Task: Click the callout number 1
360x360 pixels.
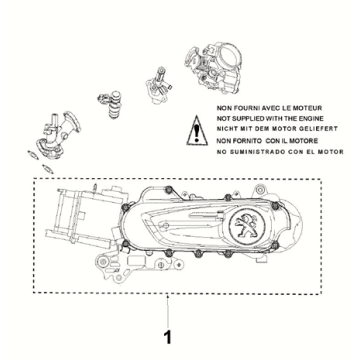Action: pyautogui.click(x=168, y=337)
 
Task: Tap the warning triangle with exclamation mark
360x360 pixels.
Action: pyautogui.click(x=197, y=131)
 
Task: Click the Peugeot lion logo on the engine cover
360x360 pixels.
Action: pyautogui.click(x=247, y=225)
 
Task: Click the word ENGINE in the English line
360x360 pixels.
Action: pyautogui.click(x=310, y=119)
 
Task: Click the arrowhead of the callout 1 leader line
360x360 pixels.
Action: pyautogui.click(x=168, y=296)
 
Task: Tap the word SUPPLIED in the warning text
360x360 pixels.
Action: pyautogui.click(x=248, y=119)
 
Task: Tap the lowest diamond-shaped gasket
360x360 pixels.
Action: pyautogui.click(x=48, y=169)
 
